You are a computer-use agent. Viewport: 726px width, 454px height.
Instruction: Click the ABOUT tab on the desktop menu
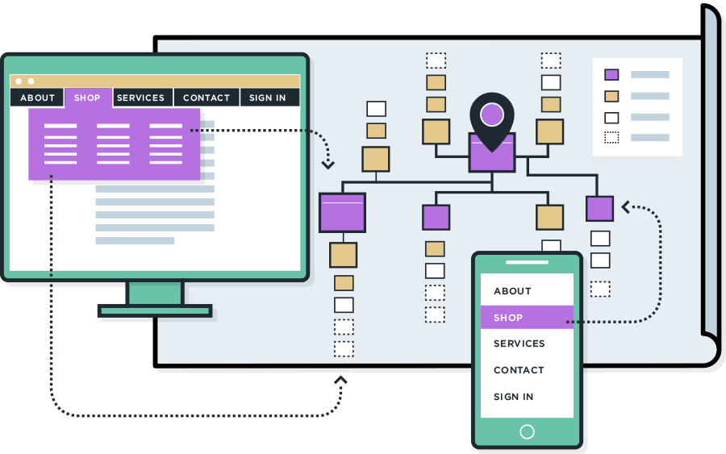point(37,98)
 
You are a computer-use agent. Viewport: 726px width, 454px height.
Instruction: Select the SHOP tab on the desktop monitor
point(87,98)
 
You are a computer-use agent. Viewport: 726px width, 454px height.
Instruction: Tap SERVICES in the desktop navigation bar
point(140,98)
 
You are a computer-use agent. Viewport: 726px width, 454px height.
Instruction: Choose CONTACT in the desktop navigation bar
point(207,98)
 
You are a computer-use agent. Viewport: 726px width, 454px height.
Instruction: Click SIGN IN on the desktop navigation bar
point(267,98)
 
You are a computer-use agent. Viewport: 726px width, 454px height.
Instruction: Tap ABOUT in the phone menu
point(512,291)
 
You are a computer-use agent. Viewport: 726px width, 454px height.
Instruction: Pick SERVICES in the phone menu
point(519,344)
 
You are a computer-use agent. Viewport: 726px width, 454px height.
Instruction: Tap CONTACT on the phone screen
point(519,370)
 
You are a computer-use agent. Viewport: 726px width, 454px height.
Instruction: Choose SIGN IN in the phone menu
point(513,397)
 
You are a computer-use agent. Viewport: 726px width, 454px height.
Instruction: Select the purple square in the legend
point(611,74)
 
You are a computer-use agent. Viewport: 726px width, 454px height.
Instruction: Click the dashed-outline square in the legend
point(611,137)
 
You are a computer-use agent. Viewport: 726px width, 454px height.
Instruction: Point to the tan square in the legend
point(611,96)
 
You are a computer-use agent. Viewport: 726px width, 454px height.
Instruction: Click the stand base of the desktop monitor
point(155,310)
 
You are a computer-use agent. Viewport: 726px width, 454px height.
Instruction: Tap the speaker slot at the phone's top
point(527,262)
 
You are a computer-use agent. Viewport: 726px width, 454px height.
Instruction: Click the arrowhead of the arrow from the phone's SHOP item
point(627,208)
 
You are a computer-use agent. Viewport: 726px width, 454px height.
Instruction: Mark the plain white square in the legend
point(611,117)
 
